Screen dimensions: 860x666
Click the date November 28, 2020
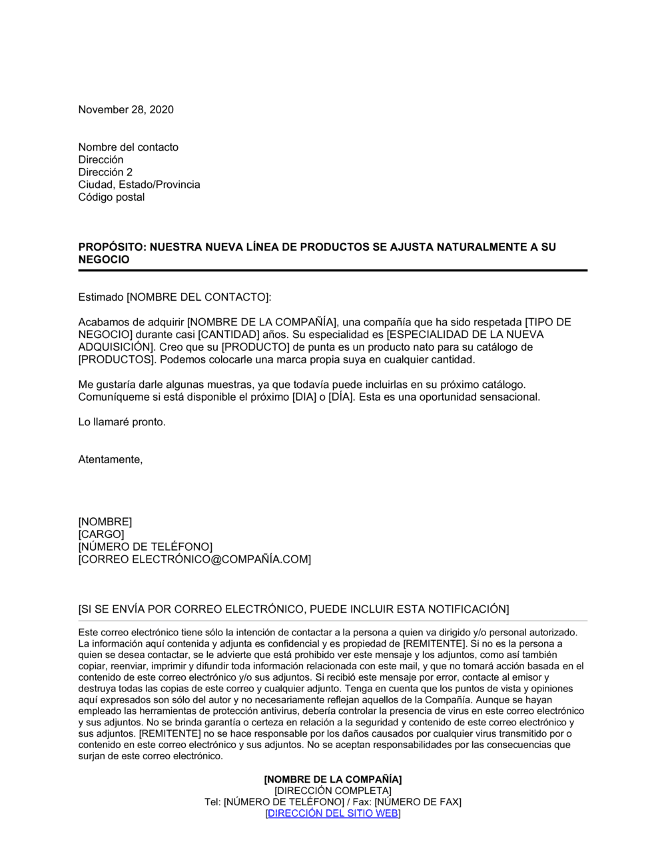(x=126, y=110)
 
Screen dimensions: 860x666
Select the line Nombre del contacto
(x=129, y=147)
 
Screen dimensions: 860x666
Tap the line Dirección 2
(x=105, y=172)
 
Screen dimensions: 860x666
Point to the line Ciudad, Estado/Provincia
(x=139, y=185)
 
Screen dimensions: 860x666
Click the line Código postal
(x=111, y=197)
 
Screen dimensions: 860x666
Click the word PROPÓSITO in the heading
(x=112, y=247)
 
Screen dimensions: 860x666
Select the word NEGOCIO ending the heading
(x=104, y=260)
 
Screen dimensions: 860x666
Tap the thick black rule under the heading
(x=333, y=271)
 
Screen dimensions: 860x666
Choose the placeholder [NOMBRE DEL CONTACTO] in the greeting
(x=198, y=297)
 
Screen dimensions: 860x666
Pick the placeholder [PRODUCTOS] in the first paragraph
(x=116, y=360)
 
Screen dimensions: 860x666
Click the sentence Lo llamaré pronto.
(x=122, y=422)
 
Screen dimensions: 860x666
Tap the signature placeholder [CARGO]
(x=101, y=535)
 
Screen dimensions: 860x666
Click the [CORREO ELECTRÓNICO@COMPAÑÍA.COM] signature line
(x=194, y=559)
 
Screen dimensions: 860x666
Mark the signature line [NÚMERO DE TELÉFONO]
(x=145, y=547)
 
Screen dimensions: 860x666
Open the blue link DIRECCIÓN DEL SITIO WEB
(x=332, y=813)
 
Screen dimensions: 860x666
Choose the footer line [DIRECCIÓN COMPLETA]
(x=333, y=791)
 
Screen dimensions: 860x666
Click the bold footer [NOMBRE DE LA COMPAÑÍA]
(x=333, y=779)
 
